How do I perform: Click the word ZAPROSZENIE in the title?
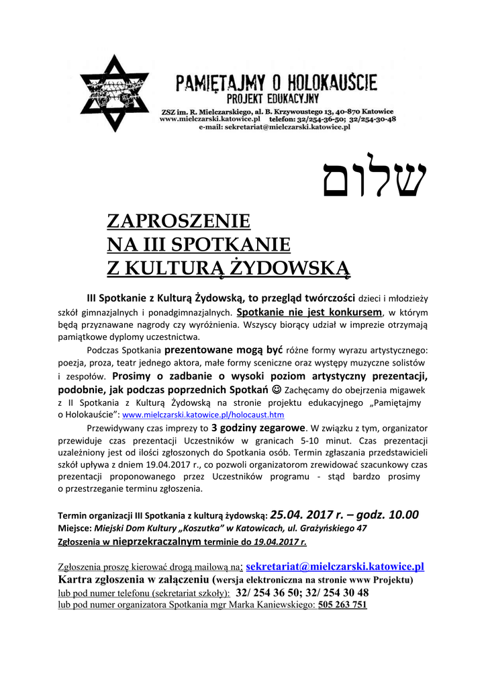pos(179,220)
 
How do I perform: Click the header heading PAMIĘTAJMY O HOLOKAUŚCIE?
pos(276,83)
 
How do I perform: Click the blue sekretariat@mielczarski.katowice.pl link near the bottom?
pos(335,567)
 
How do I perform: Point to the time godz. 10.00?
pos(389,515)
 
